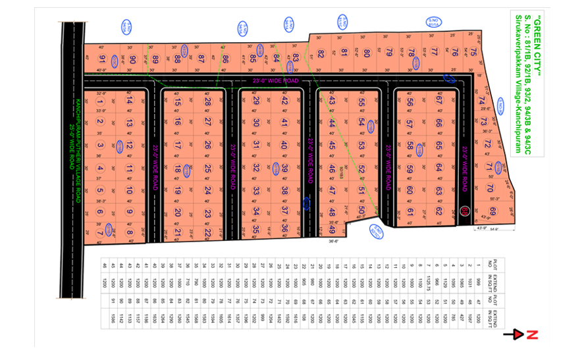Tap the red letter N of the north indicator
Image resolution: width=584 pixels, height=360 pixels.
tap(533, 335)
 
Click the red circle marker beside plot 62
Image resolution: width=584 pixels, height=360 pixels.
tap(465, 211)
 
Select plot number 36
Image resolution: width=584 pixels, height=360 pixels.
tap(285, 229)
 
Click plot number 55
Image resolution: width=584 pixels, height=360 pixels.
tap(361, 102)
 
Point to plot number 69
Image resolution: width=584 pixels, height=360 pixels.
tap(492, 211)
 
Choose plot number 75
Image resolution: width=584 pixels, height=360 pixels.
tap(473, 53)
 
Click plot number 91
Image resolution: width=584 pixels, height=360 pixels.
tap(102, 60)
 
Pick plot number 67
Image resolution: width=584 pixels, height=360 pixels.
tap(438, 101)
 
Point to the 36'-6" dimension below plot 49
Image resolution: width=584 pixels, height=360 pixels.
tap(332, 242)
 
